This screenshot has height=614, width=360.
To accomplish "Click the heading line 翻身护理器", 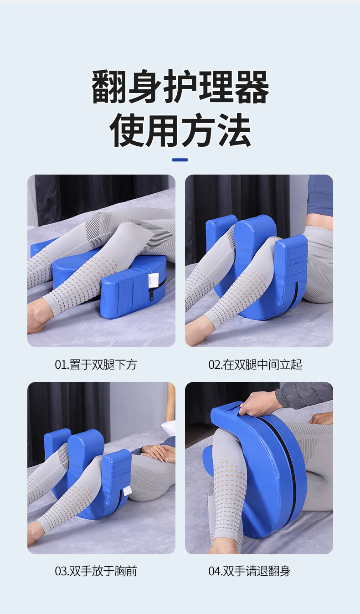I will coord(180,87).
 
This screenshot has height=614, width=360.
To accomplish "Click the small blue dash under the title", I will coord(180,160).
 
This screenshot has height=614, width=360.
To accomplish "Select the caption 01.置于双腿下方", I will coord(96,365).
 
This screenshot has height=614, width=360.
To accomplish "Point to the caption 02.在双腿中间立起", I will coord(255,365).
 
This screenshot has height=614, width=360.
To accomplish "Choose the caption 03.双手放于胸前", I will coord(96,571).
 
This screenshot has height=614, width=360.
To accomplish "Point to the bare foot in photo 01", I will coord(37,319).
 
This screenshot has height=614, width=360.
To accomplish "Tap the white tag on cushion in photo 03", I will coord(128,490).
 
